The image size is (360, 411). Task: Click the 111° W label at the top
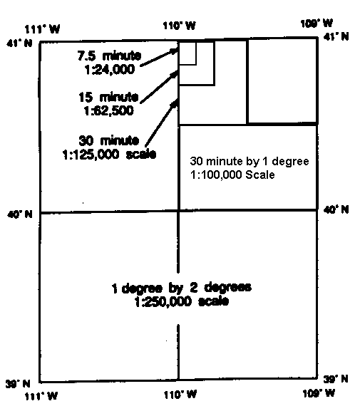click(x=42, y=29)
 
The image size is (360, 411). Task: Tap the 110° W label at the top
click(x=180, y=26)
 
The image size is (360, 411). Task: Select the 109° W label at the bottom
click(x=319, y=393)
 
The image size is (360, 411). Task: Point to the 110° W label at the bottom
click(x=180, y=394)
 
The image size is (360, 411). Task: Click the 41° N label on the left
click(x=20, y=43)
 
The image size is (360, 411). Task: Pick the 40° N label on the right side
click(x=336, y=209)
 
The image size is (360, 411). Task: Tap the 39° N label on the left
click(x=19, y=384)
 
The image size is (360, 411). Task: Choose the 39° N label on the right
click(x=336, y=379)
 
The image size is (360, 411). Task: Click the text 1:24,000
click(x=109, y=70)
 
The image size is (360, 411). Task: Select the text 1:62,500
click(x=108, y=111)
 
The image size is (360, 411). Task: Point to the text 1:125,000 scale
click(x=109, y=154)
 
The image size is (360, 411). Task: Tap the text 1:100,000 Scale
click(x=232, y=175)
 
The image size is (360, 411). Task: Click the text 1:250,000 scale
click(x=182, y=301)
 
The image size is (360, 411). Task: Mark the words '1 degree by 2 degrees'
click(x=182, y=288)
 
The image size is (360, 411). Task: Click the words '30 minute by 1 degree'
click(x=250, y=161)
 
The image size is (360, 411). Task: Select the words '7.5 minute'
click(x=109, y=56)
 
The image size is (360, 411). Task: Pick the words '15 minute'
click(x=108, y=98)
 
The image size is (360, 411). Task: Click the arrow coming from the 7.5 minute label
click(x=159, y=57)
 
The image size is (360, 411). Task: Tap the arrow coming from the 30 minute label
click(x=162, y=123)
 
